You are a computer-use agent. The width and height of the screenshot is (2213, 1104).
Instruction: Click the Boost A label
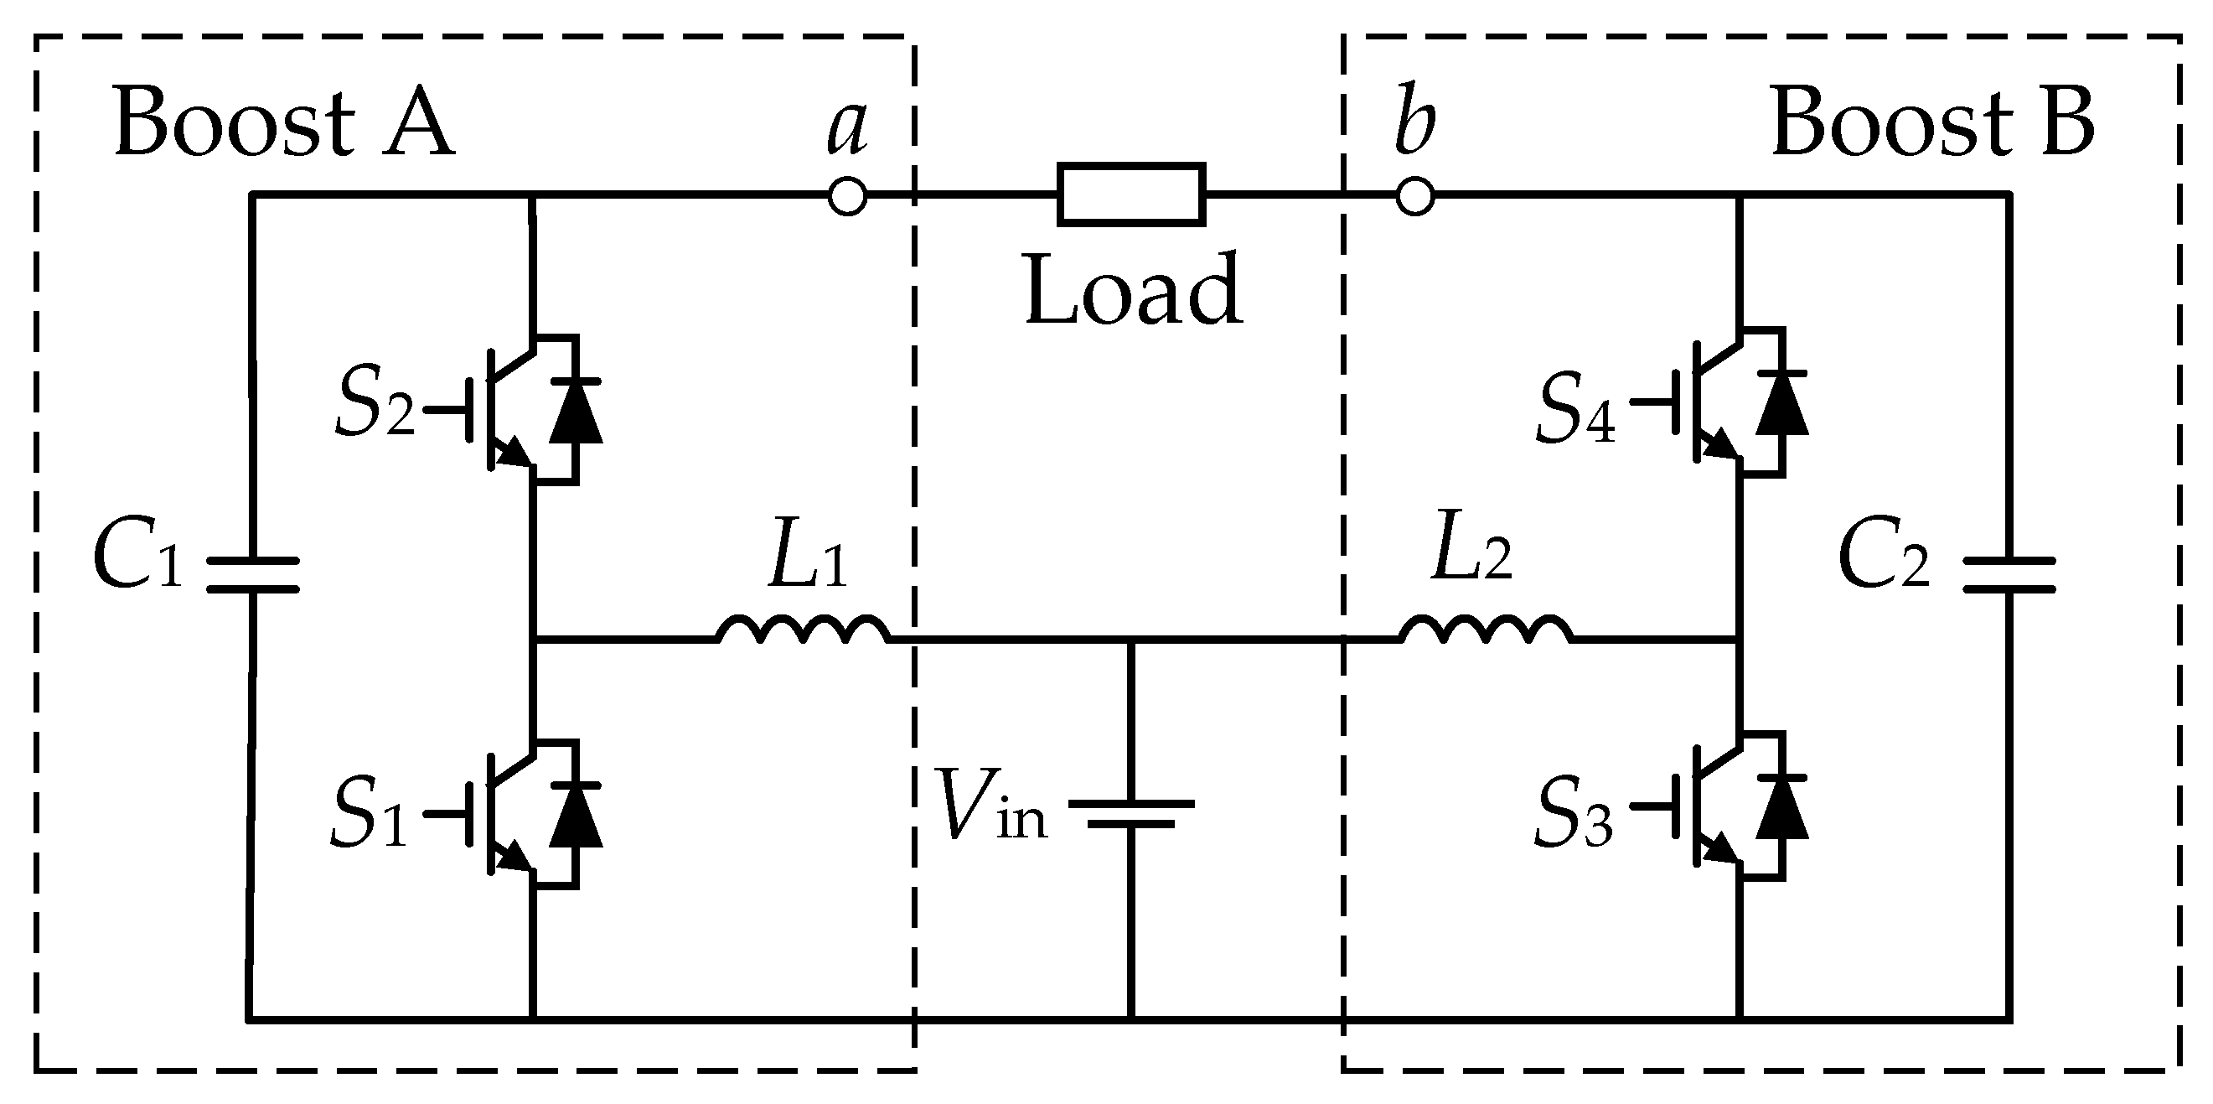point(283,123)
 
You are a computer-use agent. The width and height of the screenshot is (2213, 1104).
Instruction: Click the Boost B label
point(1933,123)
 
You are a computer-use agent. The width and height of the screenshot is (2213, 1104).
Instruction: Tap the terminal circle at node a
point(847,197)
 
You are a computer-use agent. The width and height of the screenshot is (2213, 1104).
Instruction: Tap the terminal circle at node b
point(1415,197)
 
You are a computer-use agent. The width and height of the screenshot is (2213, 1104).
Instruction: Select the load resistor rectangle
point(1130,195)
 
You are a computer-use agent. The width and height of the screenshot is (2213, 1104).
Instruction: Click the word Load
point(1134,290)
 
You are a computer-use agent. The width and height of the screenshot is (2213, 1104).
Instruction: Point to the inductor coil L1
point(804,630)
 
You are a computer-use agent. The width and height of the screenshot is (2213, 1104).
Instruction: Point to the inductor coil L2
point(1487,630)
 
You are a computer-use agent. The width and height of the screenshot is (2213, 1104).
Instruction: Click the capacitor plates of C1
point(252,575)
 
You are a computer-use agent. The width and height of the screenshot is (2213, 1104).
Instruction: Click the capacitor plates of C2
point(2009,575)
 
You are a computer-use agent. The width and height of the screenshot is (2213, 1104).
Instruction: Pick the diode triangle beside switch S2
point(576,411)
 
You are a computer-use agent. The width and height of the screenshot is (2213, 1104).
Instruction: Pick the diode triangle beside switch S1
point(576,816)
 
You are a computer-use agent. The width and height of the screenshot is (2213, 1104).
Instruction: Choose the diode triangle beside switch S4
point(1781,404)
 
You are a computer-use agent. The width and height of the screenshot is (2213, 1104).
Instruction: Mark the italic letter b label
point(1414,120)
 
